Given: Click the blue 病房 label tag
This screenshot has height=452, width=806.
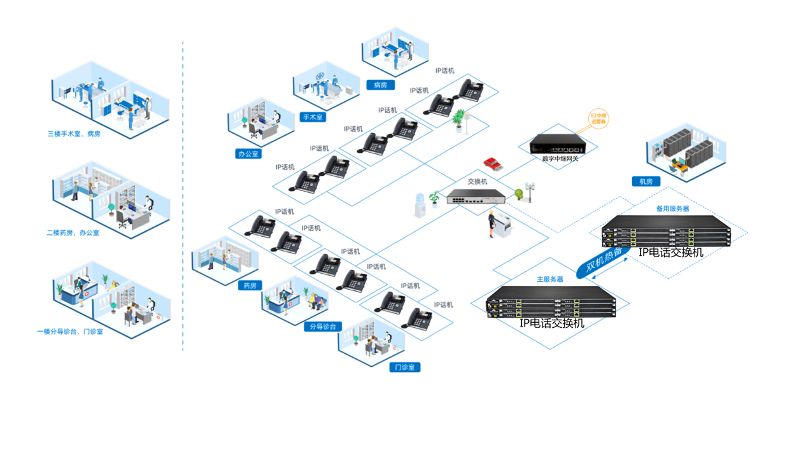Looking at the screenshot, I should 380,85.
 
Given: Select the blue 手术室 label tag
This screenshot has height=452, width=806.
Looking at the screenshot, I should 313,117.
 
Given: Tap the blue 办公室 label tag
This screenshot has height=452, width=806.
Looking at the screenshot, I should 248,154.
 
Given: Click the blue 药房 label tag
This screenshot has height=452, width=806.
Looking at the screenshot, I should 249,286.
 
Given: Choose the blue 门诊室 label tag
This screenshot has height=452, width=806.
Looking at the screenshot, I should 404,367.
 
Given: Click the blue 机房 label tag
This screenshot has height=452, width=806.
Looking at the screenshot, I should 646,181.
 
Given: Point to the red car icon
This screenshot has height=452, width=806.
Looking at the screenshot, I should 492,164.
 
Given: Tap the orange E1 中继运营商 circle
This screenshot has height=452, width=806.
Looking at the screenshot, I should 598,118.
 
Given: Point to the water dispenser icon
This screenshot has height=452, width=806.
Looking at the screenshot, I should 420,205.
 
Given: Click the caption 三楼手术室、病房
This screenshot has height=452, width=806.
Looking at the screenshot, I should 74,134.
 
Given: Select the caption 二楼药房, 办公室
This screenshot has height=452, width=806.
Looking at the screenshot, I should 73,233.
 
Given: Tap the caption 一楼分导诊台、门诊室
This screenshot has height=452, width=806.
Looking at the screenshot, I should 70,332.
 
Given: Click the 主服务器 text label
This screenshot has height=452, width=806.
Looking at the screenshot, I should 549,279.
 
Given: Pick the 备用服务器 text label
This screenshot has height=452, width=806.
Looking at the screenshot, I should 672,209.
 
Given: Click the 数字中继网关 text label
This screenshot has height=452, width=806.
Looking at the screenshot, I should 560,159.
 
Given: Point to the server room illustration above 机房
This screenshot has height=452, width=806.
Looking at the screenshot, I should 686,152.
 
